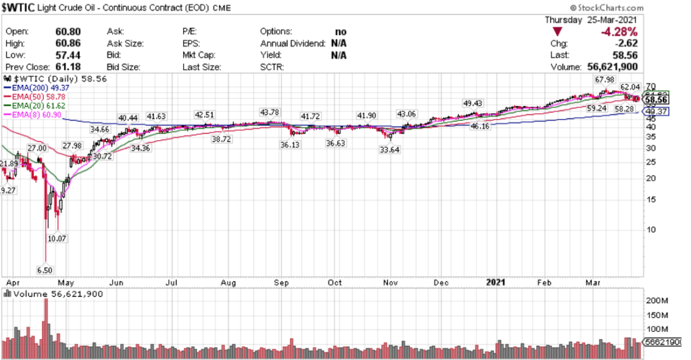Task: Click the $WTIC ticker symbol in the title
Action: point(20,8)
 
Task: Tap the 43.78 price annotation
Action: point(271,113)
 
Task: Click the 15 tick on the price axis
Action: point(649,199)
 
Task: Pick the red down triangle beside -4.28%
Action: point(559,31)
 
